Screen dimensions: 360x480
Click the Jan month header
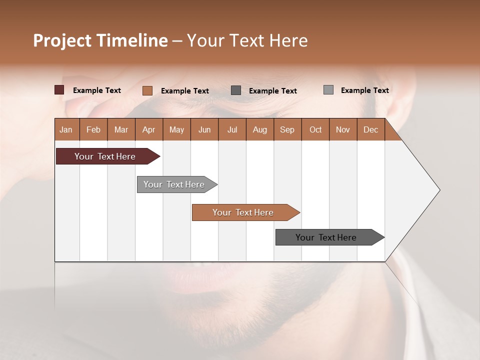point(66,129)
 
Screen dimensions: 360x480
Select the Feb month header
point(93,129)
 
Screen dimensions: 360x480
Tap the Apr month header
point(148,129)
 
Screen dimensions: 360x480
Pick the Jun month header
point(204,129)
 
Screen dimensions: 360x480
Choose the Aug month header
point(259,129)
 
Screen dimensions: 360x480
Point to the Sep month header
point(287,129)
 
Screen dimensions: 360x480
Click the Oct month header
point(315,129)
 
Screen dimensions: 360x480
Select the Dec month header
point(370,129)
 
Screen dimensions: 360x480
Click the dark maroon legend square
point(59,90)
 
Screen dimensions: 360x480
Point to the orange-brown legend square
point(147,90)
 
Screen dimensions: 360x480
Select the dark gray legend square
point(236,90)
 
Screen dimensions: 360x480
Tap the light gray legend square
point(328,90)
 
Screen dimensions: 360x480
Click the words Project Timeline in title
point(100,40)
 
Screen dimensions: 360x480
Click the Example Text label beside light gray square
point(364,90)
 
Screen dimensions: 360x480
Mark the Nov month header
point(343,129)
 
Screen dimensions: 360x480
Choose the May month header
point(176,129)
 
